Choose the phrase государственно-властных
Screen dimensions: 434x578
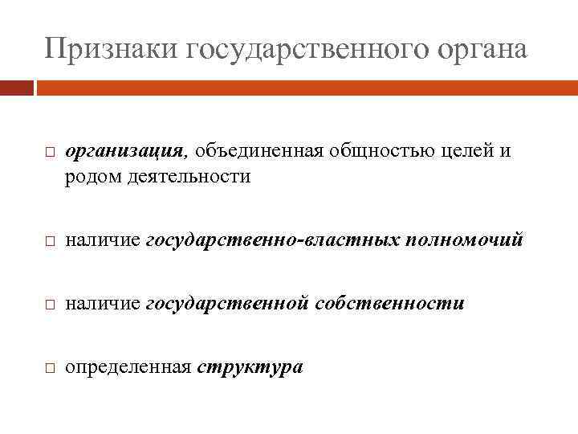tap(275, 240)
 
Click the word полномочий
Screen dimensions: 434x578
tap(466, 240)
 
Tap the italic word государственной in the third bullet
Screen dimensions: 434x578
tap(229, 304)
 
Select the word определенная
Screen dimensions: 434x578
tap(128, 368)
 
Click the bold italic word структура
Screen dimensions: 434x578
tap(250, 368)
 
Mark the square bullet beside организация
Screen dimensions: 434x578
tap(49, 153)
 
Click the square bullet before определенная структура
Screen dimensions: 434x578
tap(49, 369)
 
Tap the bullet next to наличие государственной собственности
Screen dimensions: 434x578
tap(49, 305)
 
